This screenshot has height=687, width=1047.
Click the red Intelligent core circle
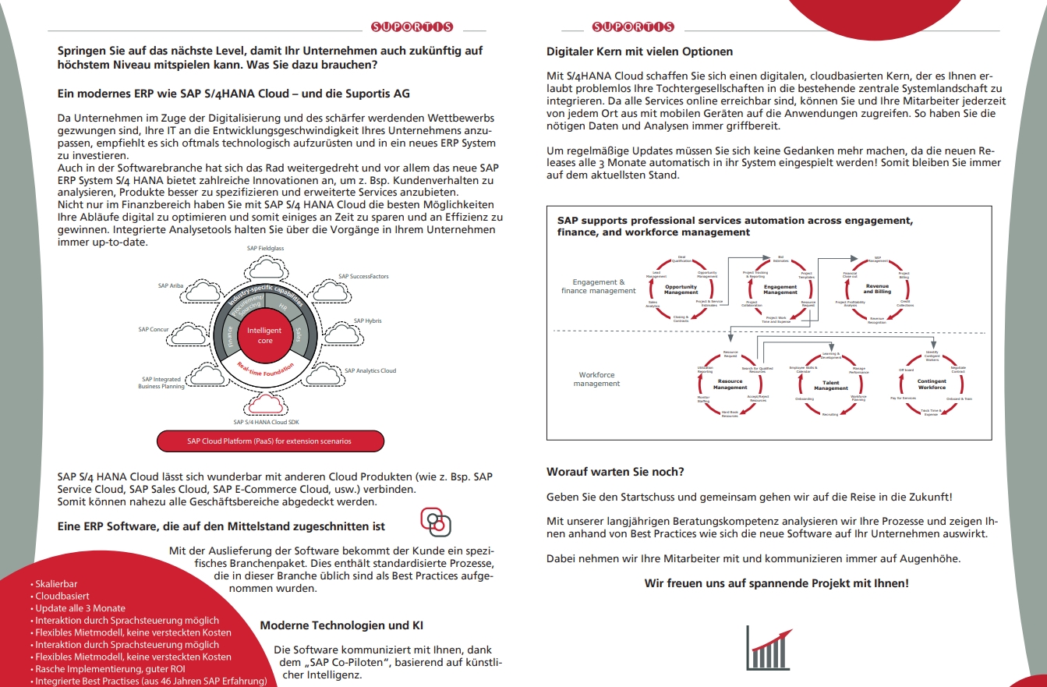pyautogui.click(x=264, y=335)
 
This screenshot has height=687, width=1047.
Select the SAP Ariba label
pyautogui.click(x=171, y=286)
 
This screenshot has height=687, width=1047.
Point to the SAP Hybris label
pyautogui.click(x=367, y=320)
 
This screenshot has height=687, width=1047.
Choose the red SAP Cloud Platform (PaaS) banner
pyautogui.click(x=270, y=441)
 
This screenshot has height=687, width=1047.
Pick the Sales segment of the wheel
pyautogui.click(x=299, y=336)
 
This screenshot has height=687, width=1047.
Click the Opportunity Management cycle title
pyautogui.click(x=681, y=289)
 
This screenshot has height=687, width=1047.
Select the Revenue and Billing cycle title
pyautogui.click(x=877, y=289)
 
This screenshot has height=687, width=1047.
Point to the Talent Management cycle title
pyautogui.click(x=830, y=384)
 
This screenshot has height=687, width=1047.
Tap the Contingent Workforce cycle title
pyautogui.click(x=932, y=384)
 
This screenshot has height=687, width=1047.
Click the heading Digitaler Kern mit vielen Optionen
pyautogui.click(x=639, y=51)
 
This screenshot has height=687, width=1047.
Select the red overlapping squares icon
pyautogui.click(x=436, y=522)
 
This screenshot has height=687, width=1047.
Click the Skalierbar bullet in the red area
pyautogui.click(x=57, y=583)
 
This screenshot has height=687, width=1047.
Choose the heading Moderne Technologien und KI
pyautogui.click(x=341, y=625)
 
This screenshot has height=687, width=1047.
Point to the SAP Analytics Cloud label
pyautogui.click(x=370, y=370)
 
